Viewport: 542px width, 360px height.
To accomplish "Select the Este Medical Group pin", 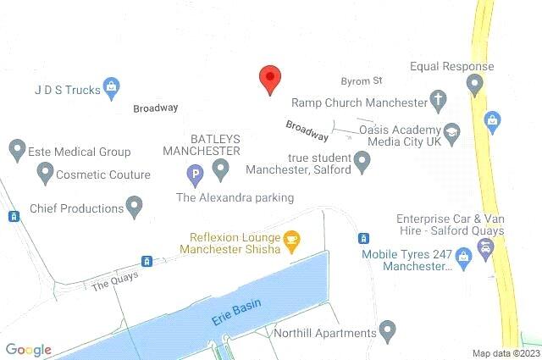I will point(16,151).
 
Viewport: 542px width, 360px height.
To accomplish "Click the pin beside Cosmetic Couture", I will point(44,174).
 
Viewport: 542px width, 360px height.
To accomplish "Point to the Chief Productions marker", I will point(134,206).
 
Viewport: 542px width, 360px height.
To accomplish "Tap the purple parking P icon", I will point(195,176).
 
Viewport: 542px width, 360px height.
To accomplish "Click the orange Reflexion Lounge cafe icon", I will point(291,240).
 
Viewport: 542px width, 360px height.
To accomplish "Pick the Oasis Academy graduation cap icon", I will point(453,134).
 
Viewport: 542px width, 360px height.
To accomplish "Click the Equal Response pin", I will point(475,84).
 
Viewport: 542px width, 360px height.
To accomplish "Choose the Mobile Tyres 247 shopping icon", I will point(463,255).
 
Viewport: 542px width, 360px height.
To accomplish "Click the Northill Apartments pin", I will point(388,329).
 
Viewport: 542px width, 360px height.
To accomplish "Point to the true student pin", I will point(362,160).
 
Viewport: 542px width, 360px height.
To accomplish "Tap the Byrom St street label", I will point(367,81).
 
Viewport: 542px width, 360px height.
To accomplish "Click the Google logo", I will point(28,350).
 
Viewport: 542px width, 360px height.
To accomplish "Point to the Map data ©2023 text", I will point(506,353).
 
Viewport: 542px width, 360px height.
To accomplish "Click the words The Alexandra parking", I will point(235,197).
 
